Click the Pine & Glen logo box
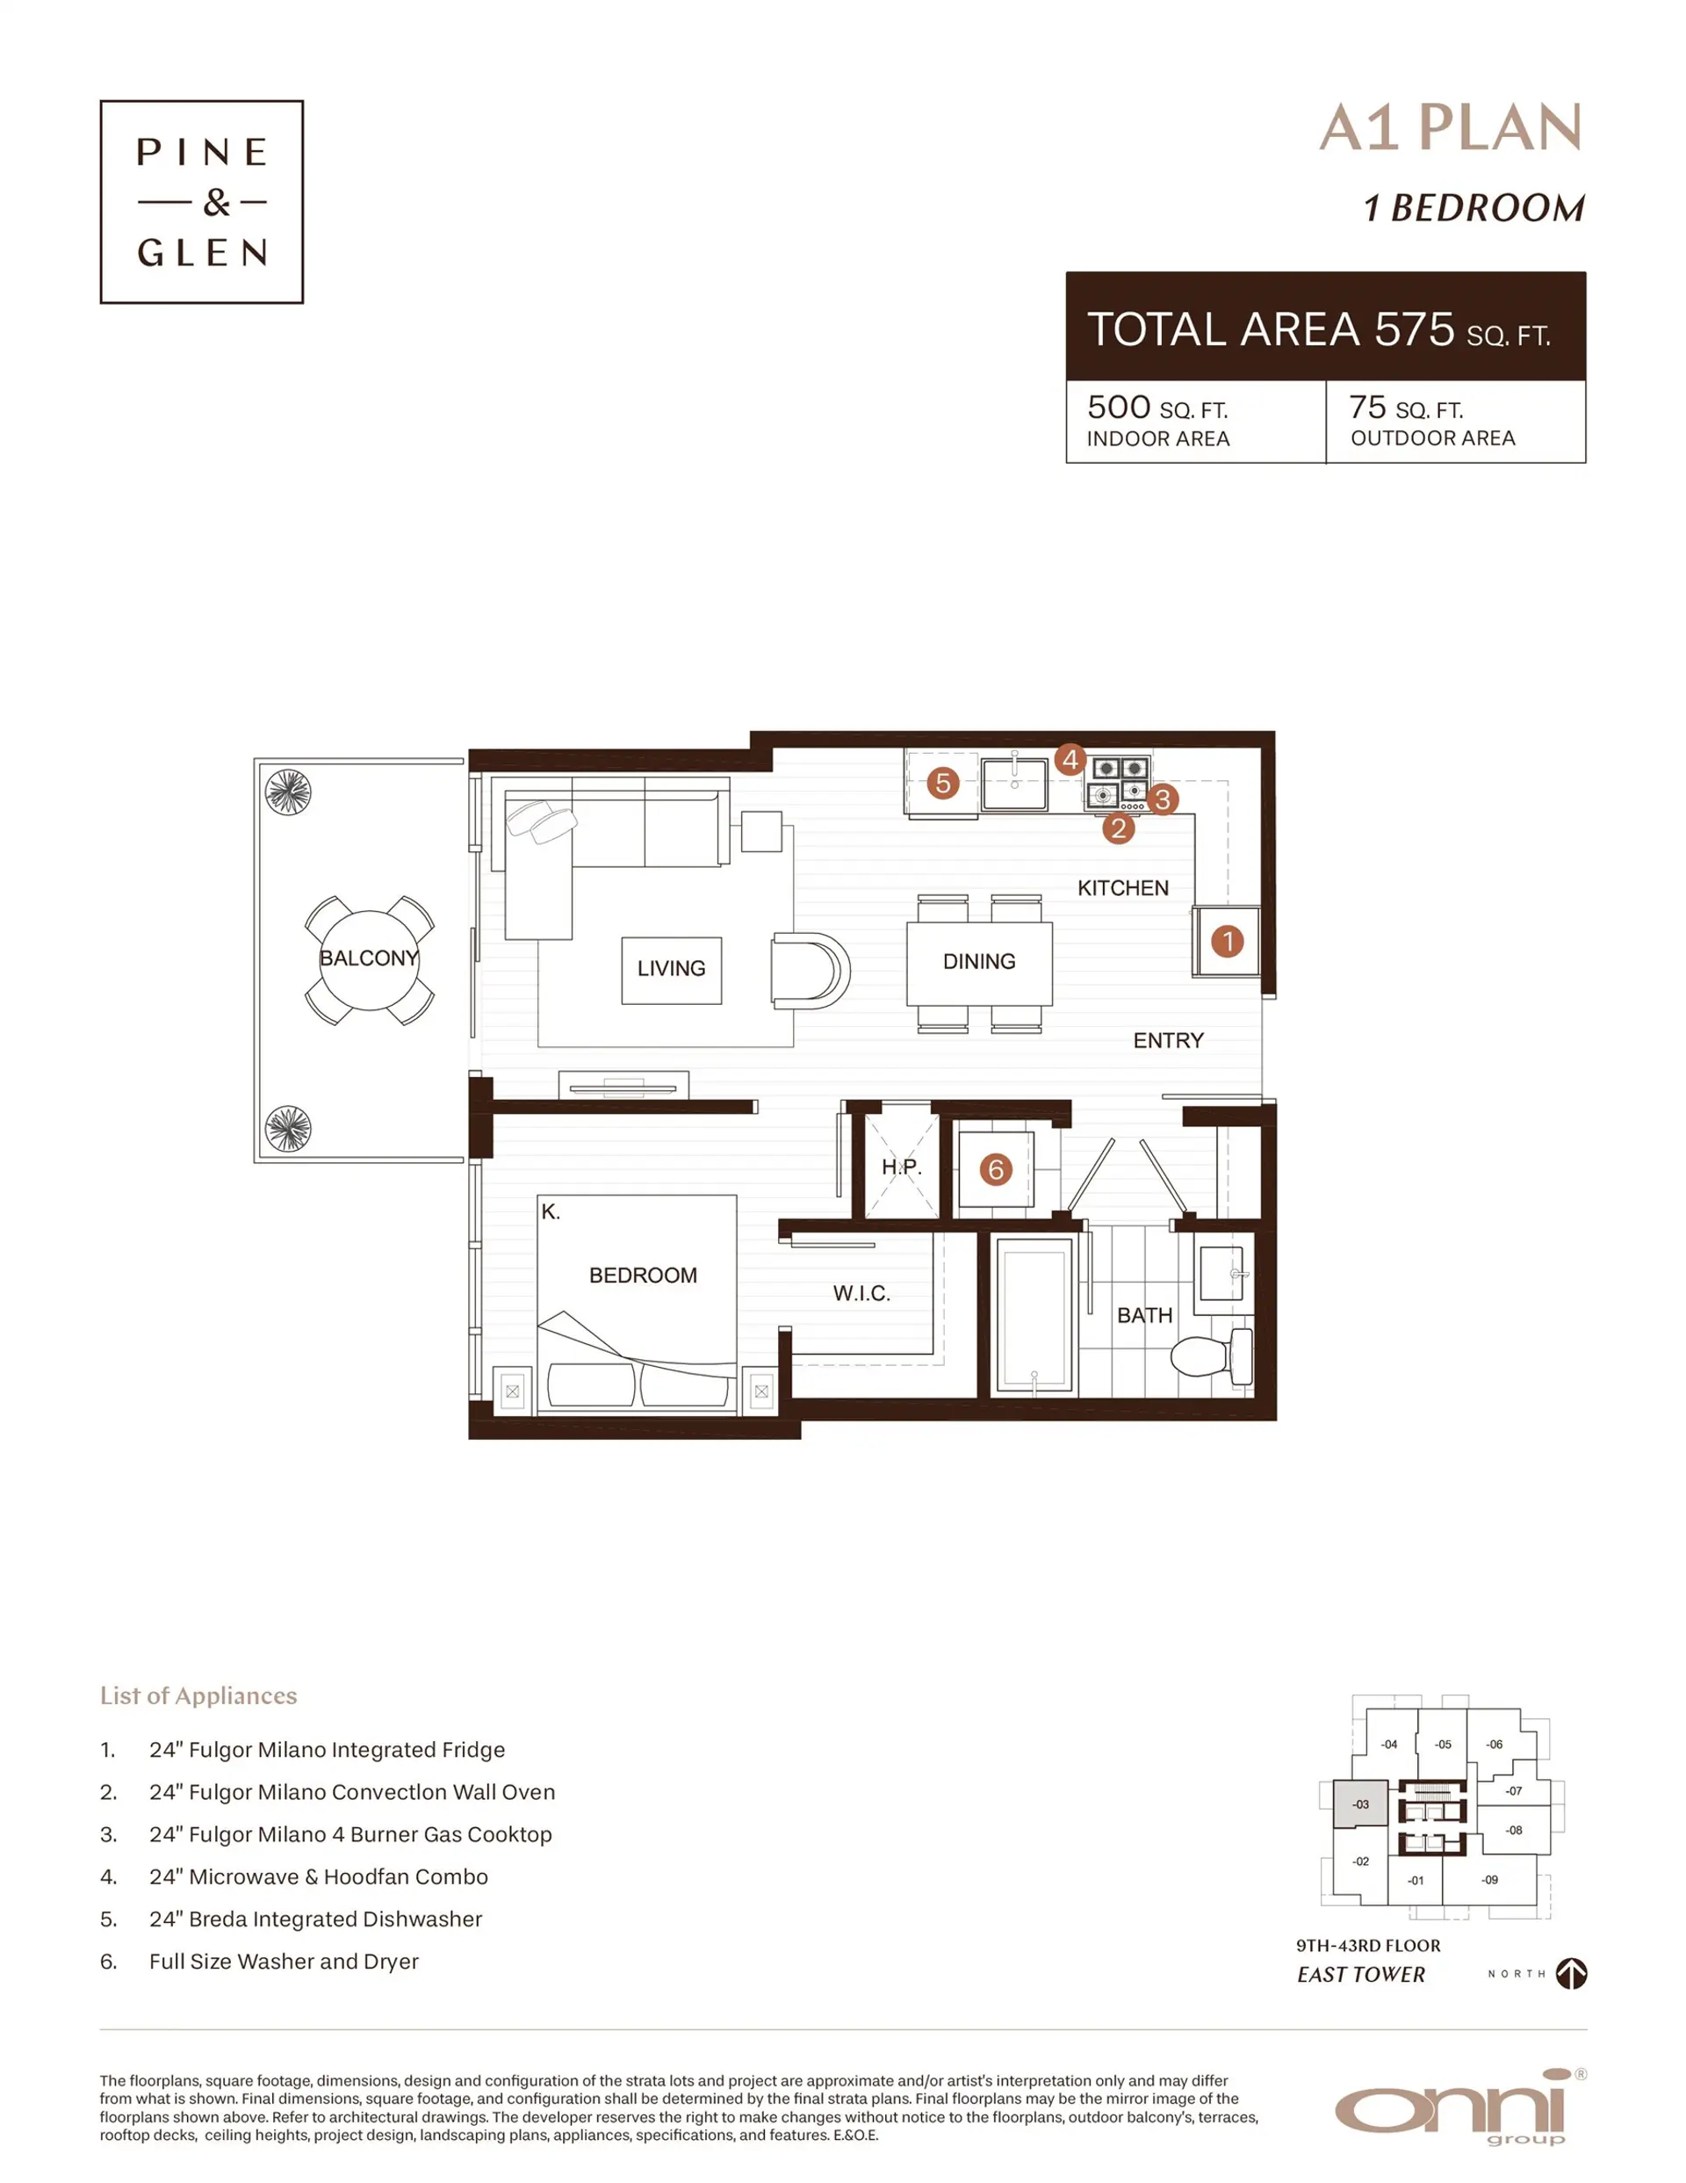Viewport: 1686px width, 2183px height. [201, 201]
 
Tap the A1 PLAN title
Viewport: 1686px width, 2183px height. [1449, 128]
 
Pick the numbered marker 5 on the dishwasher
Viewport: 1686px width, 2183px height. [942, 783]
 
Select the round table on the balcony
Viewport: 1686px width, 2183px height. [369, 959]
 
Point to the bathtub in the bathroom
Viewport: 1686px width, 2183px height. [1034, 1314]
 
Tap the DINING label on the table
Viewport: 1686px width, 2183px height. [978, 962]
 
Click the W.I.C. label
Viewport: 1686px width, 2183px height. [861, 1293]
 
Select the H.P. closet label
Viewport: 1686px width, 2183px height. [900, 1167]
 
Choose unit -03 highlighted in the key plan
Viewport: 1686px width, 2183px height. [1360, 1804]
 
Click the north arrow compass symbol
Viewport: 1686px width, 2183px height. [1571, 1973]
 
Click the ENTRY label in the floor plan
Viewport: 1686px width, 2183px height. [1167, 1040]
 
